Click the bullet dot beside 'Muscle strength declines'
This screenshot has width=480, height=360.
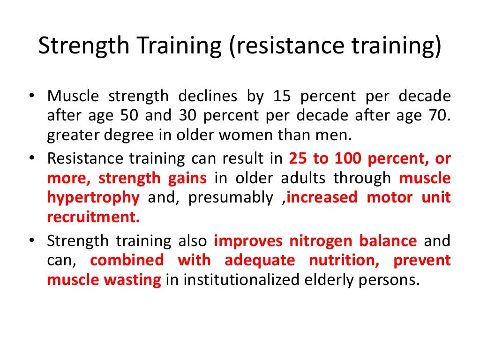(31, 96)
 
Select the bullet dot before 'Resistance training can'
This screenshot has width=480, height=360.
(31, 158)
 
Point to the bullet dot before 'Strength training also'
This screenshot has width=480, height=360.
(31, 240)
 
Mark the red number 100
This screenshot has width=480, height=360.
(348, 158)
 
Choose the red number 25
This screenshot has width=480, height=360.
(297, 158)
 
